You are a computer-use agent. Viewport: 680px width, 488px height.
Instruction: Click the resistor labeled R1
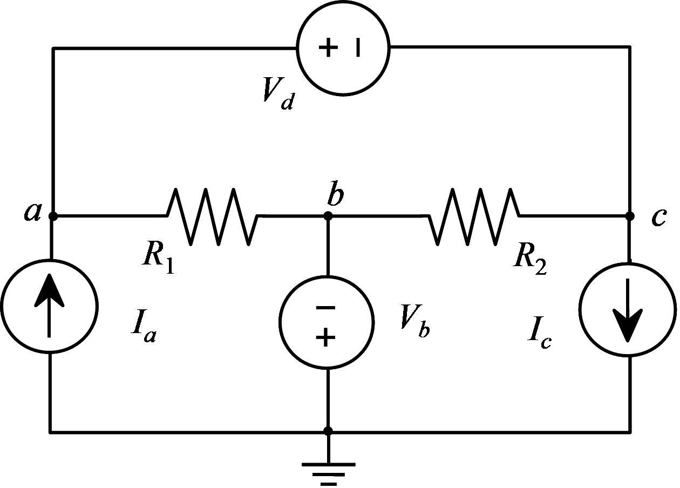212,216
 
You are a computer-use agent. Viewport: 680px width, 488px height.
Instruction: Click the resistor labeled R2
474,216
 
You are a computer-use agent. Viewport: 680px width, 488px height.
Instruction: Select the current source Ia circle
49,306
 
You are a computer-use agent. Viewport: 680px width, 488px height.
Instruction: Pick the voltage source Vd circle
343,48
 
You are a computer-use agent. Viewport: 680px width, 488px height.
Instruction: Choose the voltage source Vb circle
327,323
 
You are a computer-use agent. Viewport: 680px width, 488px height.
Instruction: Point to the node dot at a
53,216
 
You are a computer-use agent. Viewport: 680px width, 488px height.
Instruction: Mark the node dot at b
328,216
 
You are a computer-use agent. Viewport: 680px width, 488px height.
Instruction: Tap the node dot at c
629,216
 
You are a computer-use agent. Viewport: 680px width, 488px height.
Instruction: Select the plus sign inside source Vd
328,48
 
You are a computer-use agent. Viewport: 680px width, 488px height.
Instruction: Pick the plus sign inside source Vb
325,338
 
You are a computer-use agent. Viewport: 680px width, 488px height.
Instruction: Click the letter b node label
335,196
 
